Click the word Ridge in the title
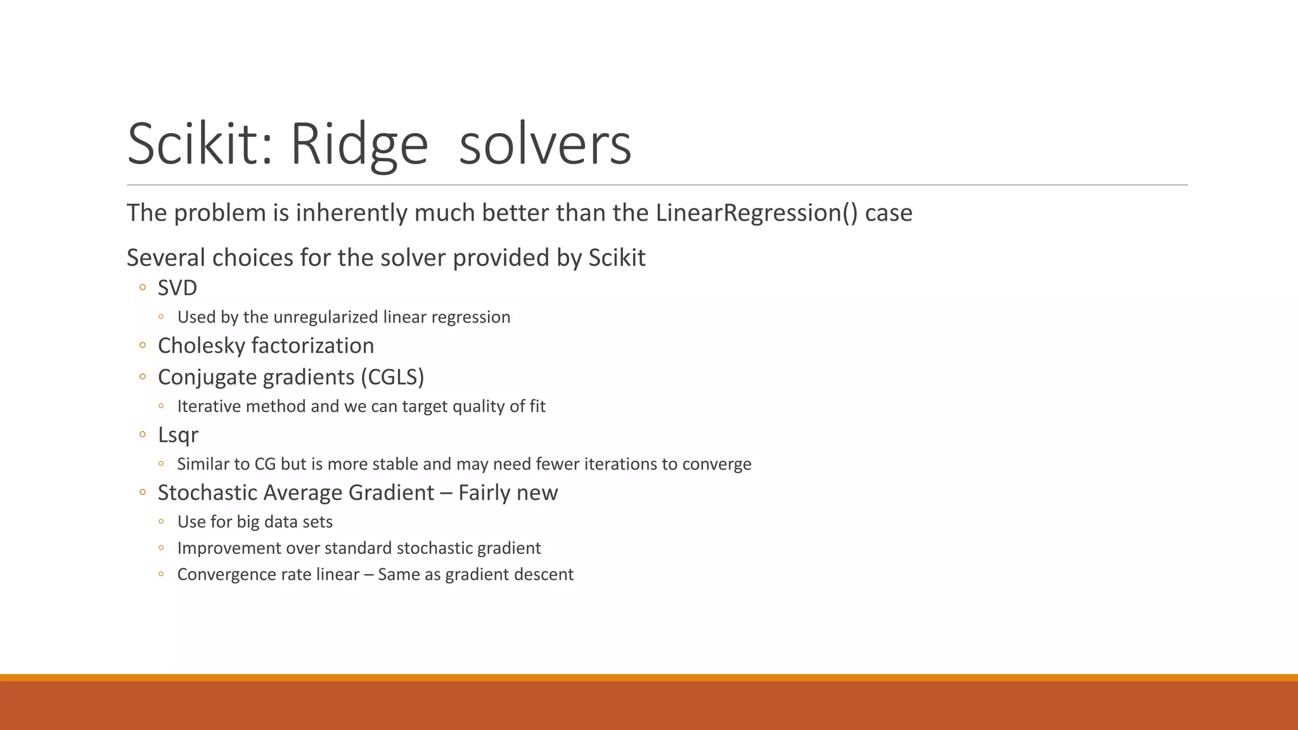(359, 144)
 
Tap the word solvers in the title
(545, 144)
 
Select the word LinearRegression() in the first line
(757, 213)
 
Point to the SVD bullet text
(177, 288)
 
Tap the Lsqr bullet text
(178, 435)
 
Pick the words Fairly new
(508, 493)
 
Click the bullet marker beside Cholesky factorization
(143, 346)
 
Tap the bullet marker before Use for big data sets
(162, 522)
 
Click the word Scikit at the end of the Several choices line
(617, 259)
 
